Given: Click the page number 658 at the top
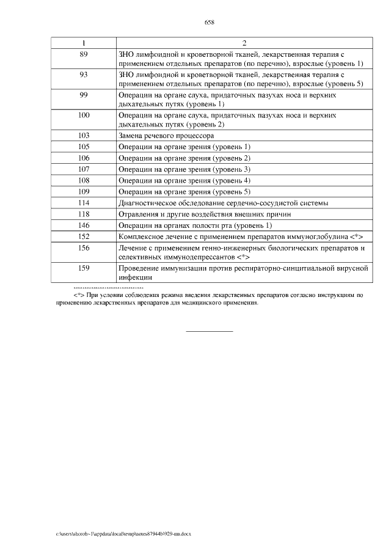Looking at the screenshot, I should tap(209, 23).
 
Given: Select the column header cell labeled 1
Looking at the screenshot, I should tap(84, 43).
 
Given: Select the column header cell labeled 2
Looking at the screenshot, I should tap(244, 43).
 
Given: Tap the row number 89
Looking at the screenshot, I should tap(84, 54).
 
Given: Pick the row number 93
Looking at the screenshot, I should tap(84, 75).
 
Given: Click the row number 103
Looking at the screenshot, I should tap(84, 136).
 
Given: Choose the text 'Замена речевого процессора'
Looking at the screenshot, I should tap(166, 136).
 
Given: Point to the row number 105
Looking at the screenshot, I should tap(84, 147).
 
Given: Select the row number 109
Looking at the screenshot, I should tap(84, 192).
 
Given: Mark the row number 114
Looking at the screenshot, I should tap(84, 203).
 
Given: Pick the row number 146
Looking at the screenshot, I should tap(84, 225).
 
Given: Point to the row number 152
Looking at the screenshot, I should tap(84, 236).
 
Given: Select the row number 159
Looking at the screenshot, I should tap(84, 268).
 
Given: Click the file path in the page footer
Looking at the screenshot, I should tap(123, 533).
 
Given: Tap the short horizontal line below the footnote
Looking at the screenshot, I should tap(209, 331).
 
